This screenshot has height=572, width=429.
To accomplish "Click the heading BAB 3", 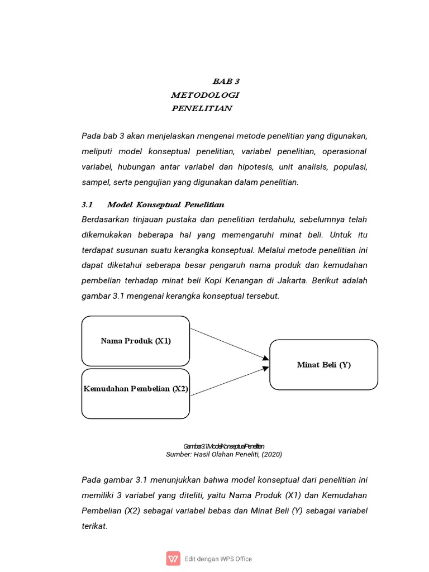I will click(x=226, y=82).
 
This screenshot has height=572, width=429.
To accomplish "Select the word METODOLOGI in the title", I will click(x=205, y=95).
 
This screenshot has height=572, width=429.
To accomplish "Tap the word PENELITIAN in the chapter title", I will click(x=201, y=108).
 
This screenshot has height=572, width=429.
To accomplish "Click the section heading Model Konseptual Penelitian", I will click(x=165, y=204).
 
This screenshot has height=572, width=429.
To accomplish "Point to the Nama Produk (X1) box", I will click(x=136, y=341).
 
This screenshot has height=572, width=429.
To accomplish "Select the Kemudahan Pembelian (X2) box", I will click(x=136, y=393).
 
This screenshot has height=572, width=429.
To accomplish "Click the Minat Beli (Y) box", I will click(x=323, y=365).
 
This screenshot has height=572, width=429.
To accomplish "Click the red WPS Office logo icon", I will click(x=173, y=559).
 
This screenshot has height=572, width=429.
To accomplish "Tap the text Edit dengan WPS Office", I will click(x=218, y=559).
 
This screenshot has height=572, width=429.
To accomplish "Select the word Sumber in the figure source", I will click(x=178, y=455).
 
